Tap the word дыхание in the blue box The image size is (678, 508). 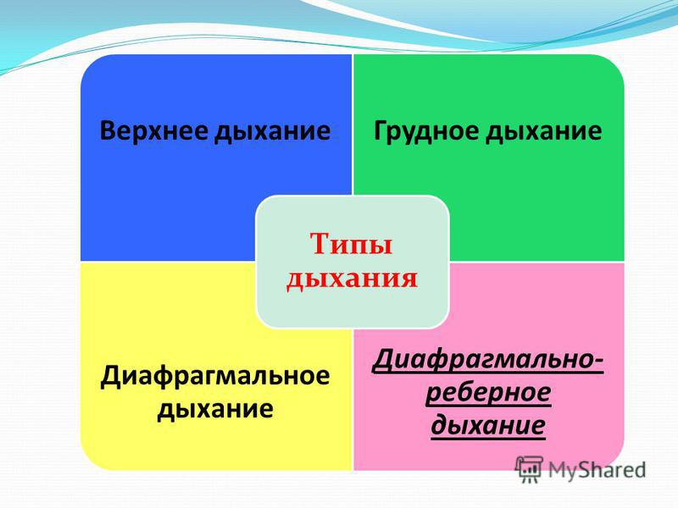tap(273, 131)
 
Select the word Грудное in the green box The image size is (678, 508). tap(426, 131)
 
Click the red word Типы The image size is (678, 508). tap(352, 245)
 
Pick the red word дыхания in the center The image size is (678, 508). tap(352, 278)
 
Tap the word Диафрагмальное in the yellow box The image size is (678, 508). tap(215, 375)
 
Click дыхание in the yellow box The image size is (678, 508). tap(215, 408)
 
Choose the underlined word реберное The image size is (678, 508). tap(488, 393)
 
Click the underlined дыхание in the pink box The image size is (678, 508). tap(488, 425)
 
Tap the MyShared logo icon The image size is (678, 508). tap(529, 470)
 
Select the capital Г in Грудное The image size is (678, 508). tap(381, 130)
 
